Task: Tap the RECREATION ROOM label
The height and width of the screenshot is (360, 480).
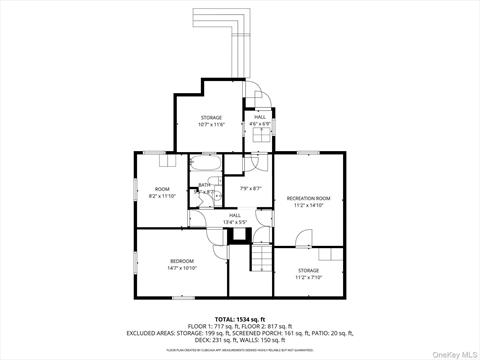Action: click(308, 199)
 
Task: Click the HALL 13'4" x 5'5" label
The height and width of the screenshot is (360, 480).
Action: click(234, 215)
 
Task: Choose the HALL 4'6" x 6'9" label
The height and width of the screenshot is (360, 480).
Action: click(260, 118)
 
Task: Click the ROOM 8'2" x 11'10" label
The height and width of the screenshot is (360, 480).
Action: click(162, 189)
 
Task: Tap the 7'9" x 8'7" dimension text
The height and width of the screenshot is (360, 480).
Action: click(250, 188)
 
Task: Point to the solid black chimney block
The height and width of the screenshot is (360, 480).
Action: click(239, 236)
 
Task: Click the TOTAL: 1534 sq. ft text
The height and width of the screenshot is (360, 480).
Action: click(240, 318)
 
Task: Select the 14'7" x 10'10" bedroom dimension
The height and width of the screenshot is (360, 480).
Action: click(183, 267)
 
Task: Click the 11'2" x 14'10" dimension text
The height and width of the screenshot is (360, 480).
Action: click(308, 206)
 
